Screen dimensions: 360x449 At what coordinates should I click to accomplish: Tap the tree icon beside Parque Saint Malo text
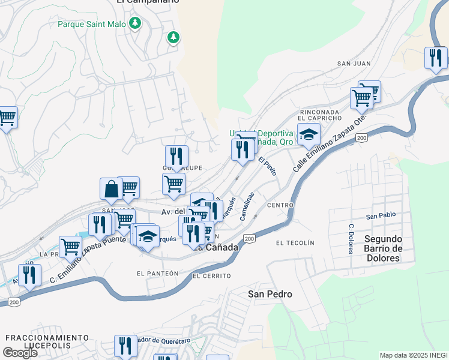pyautogui.click(x=136, y=23)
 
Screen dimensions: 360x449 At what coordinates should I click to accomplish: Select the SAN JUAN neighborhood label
pyautogui.click(x=354, y=63)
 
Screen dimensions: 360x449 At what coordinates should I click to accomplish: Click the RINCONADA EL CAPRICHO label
pyautogui.click(x=320, y=115)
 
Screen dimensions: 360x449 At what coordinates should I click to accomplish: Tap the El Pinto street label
pyautogui.click(x=268, y=166)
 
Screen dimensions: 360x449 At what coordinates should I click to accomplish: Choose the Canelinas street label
pyautogui.click(x=247, y=206)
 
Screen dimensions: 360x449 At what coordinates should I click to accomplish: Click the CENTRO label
pyautogui.click(x=280, y=205)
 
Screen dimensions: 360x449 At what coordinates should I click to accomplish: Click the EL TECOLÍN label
pyautogui.click(x=295, y=242)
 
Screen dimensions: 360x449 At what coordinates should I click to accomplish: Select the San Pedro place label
pyautogui.click(x=270, y=294)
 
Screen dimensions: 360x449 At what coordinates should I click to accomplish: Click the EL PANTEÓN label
pyautogui.click(x=157, y=273)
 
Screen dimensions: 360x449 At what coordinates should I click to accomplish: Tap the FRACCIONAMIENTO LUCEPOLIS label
pyautogui.click(x=47, y=341)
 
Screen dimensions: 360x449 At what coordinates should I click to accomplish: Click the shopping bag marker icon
pyautogui.click(x=112, y=189)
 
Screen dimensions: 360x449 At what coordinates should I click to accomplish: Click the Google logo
pyautogui.click(x=19, y=353)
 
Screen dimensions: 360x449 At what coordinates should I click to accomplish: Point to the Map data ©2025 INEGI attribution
pyautogui.click(x=412, y=355)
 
